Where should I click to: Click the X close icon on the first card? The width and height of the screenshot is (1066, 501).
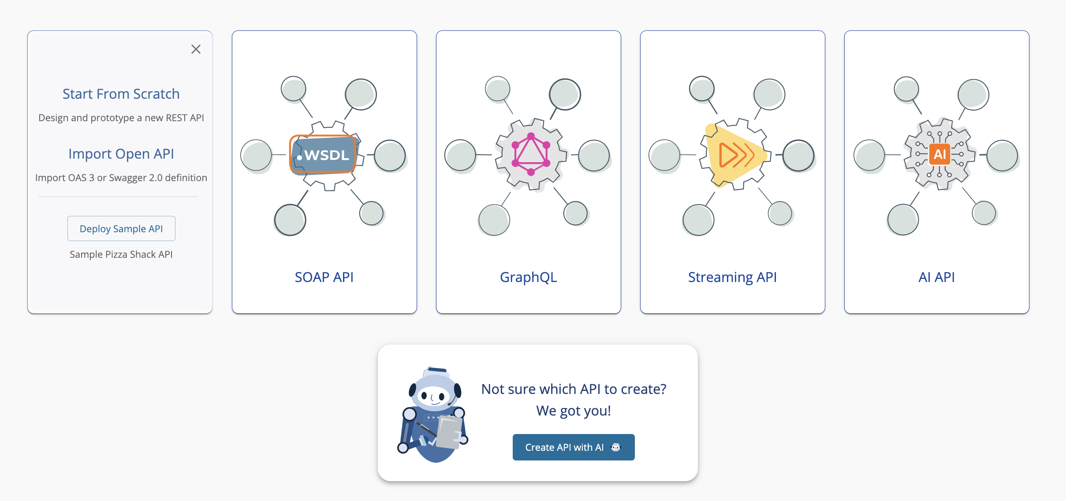pos(196,49)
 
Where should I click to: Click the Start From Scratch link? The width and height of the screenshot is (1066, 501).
pos(121,94)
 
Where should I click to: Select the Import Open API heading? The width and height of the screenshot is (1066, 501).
pos(121,154)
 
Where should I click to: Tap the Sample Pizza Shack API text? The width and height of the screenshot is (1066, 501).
pos(121,254)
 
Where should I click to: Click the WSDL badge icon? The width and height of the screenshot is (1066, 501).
pos(324,155)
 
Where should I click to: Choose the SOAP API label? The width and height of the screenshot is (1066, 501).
pos(324,277)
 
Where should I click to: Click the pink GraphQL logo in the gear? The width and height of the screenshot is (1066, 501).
pos(531,154)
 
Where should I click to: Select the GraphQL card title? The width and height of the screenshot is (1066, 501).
pos(528,277)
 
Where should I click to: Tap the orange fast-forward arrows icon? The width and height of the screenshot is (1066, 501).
pos(735,155)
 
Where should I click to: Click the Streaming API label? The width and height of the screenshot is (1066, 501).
pos(732,277)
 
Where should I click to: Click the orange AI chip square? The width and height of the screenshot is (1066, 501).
pos(939,154)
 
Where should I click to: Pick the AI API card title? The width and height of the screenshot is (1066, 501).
pos(936,277)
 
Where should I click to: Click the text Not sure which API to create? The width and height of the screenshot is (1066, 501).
pos(574,389)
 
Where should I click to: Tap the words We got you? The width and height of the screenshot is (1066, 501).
pos(574,411)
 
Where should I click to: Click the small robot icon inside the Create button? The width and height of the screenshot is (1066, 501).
pos(616,447)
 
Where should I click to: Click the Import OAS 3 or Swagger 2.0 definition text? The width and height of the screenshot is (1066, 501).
pos(121,178)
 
